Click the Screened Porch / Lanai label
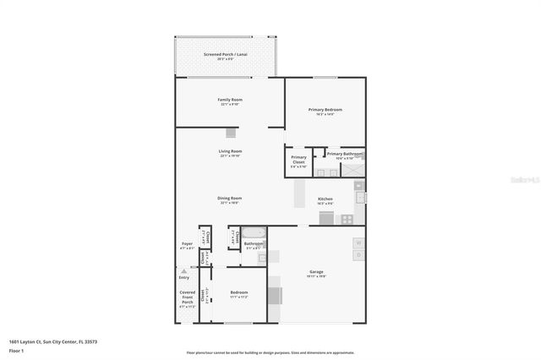[224, 55]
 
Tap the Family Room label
[230, 100]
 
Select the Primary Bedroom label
[325, 110]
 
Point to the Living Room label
[230, 152]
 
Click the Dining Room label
[230, 199]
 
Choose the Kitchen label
[325, 199]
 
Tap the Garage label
[316, 272]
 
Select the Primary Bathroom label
[345, 154]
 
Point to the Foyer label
[187, 244]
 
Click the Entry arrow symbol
[184, 271]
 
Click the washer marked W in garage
[358, 243]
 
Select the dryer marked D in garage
[358, 255]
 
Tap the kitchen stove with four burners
[347, 219]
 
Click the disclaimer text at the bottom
[270, 352]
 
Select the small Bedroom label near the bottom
[238, 292]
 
